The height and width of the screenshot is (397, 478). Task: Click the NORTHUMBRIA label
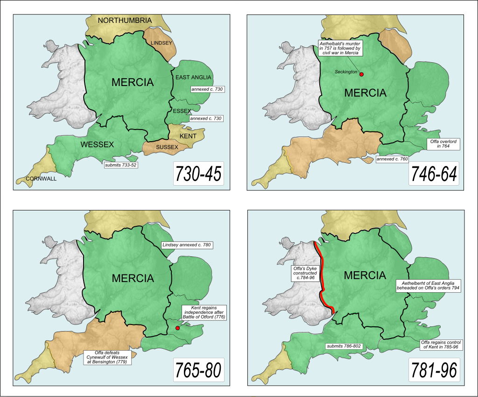coord(125,21)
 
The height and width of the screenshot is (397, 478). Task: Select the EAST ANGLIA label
coord(194,77)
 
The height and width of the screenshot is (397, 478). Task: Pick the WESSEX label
coord(97,144)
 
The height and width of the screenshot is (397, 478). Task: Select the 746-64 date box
coord(434,174)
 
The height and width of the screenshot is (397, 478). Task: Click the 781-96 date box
coord(434,371)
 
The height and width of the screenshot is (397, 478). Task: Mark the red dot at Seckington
coord(361,74)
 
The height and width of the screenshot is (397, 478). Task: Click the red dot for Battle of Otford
coord(177,328)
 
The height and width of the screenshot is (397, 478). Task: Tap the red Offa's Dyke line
coord(322,281)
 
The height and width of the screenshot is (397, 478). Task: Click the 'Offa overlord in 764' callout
coord(443,144)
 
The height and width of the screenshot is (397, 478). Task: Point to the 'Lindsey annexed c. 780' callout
coord(186,245)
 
